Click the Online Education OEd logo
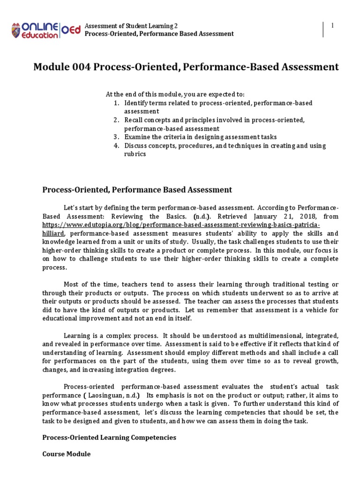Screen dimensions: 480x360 45,30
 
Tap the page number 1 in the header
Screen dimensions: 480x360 332,26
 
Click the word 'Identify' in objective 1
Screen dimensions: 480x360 135,103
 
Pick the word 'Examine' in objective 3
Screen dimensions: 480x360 136,137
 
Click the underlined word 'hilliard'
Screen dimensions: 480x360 53,233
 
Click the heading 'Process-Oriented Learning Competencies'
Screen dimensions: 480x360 109,437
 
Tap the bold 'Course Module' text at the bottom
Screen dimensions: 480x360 66,454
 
